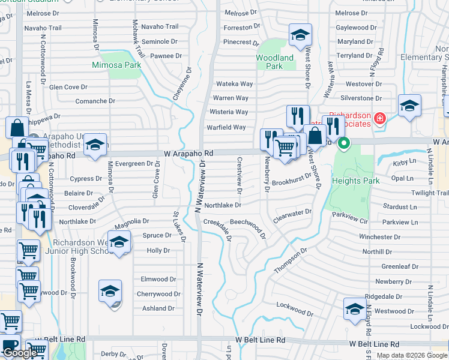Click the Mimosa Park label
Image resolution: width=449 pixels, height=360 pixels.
coord(116,64)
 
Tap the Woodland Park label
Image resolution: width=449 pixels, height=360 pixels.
coord(275,62)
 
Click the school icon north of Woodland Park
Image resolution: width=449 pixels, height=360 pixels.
coord(301,35)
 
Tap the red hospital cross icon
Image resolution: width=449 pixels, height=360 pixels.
coord(379,118)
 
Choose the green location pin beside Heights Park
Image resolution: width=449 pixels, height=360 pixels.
coord(344,144)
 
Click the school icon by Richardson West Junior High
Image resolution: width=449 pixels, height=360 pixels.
coord(119,243)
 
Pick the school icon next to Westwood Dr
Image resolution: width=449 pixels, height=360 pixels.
coord(355,309)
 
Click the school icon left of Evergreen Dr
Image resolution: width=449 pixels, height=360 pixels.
coord(95,145)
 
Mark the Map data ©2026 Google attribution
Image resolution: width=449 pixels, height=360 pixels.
coord(412,355)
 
